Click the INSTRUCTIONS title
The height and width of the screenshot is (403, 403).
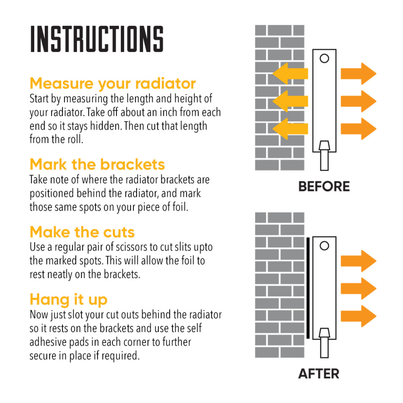click(x=97, y=39)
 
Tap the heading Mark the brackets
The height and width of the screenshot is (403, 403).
click(x=97, y=164)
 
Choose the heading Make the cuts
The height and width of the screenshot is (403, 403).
click(x=82, y=232)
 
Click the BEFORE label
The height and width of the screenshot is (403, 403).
click(x=324, y=186)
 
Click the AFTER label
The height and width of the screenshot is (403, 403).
click(x=319, y=374)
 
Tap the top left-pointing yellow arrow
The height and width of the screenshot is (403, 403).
click(x=290, y=74)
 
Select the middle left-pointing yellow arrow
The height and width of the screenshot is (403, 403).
click(x=290, y=101)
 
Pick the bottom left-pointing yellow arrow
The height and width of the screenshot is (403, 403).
click(x=290, y=129)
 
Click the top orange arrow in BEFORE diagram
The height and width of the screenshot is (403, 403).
click(x=358, y=74)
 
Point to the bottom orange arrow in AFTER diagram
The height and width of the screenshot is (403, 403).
click(x=358, y=316)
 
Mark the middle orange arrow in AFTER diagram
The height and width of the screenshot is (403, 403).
click(x=358, y=288)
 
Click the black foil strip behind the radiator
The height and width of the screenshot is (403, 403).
click(x=308, y=288)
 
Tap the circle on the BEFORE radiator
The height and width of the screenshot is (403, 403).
click(x=324, y=58)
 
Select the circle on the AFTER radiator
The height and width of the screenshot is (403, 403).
click(x=324, y=246)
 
